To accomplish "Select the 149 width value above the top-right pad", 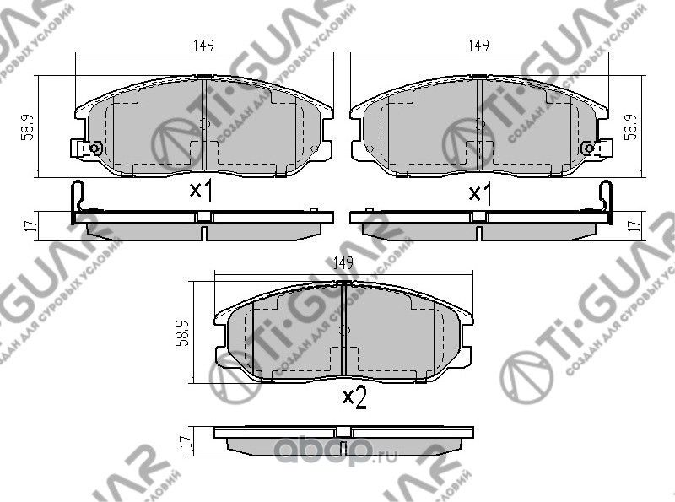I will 478,47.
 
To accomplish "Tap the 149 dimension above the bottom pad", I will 343,263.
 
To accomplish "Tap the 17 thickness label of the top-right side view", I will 634,225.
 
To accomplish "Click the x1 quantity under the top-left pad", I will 200,192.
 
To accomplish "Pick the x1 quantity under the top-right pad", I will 480,193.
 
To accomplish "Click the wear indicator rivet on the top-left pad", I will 94,148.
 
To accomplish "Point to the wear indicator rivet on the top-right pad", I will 590,148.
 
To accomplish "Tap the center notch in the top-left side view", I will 203,217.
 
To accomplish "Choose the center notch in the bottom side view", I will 343,431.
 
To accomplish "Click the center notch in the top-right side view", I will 478,217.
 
